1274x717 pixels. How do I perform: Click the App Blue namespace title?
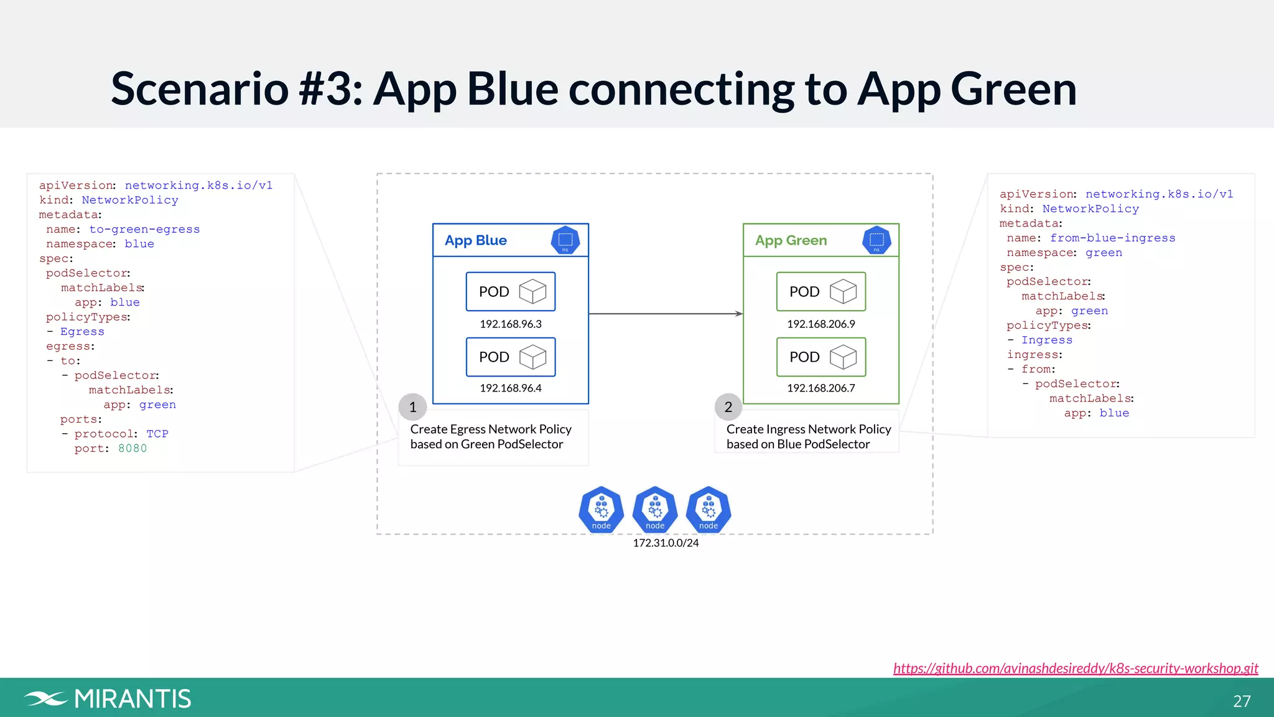475,240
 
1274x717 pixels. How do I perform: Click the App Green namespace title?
791,240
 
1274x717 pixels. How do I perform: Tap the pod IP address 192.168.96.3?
510,324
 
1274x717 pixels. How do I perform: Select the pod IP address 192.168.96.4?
510,388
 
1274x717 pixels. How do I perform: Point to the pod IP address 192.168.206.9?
821,324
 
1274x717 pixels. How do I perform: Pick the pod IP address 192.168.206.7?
821,388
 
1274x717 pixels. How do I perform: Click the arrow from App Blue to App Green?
666,314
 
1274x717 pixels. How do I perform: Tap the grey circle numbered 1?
412,407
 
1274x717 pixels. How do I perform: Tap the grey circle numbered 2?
728,407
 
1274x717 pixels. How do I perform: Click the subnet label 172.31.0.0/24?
666,543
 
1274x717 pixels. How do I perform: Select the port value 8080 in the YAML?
133,448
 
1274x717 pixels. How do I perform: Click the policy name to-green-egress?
144,229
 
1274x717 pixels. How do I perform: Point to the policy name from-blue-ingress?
1112,238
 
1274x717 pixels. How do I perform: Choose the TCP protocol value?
157,434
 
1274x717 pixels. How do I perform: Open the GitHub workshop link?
1076,668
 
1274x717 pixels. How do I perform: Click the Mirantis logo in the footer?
108,698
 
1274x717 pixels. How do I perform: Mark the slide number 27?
1242,701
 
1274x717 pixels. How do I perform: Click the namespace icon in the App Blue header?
565,240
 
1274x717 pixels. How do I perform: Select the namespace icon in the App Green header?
876,240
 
